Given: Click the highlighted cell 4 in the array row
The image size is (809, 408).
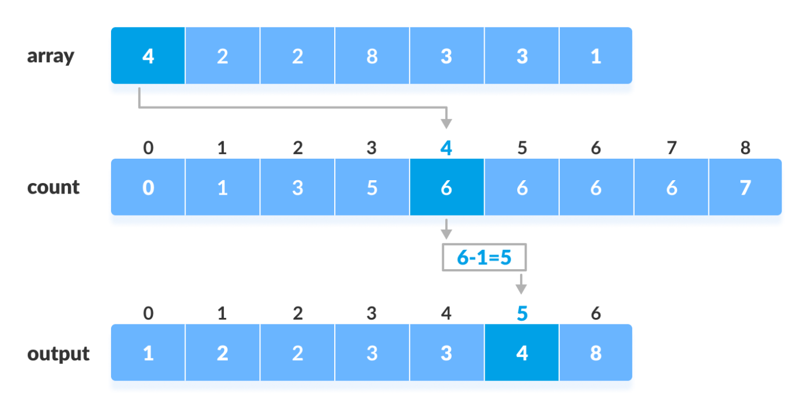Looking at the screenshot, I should click(x=148, y=56).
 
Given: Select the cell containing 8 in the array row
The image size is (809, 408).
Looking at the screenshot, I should click(x=372, y=56).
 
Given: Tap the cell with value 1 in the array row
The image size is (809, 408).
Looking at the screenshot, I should click(x=596, y=56).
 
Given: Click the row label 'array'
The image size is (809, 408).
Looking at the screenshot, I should click(x=51, y=56).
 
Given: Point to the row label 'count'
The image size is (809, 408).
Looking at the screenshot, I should click(x=53, y=187).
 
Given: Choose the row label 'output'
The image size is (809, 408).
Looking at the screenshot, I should click(x=58, y=354).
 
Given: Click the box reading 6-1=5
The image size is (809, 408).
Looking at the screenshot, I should click(x=484, y=257).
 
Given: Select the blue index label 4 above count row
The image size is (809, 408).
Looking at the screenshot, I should click(x=446, y=148).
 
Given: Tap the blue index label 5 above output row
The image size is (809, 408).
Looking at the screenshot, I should click(x=522, y=314).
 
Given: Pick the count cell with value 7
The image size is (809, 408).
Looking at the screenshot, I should click(x=745, y=188).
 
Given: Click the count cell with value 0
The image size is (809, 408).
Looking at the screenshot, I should click(x=148, y=188).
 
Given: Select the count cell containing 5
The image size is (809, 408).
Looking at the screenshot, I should click(x=372, y=188).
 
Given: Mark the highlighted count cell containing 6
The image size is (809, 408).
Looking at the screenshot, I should click(x=446, y=188).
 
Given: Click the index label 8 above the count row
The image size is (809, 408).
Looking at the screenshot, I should click(x=745, y=148).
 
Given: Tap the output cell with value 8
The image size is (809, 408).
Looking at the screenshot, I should click(x=596, y=353).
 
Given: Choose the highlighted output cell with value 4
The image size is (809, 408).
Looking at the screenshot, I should click(x=522, y=353).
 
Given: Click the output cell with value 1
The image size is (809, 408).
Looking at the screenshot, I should click(x=148, y=353).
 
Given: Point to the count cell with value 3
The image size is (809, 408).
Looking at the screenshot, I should click(x=297, y=188).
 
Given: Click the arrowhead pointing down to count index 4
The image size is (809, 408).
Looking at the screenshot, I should click(x=446, y=124).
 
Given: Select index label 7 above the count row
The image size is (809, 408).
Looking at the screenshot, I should click(x=671, y=148).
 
